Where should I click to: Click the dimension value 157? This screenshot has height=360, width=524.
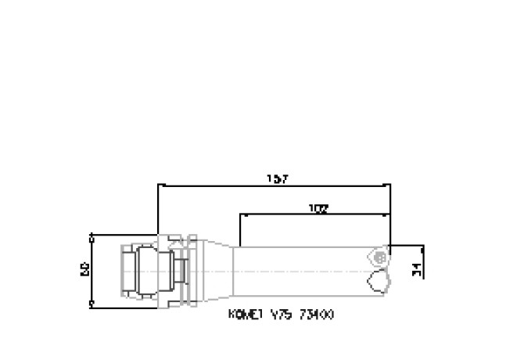(277, 179)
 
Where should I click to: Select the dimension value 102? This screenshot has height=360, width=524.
(318, 208)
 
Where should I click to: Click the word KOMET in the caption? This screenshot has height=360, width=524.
(243, 315)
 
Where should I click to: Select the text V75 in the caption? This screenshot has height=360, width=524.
(280, 315)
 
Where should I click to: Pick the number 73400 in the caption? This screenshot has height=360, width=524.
(321, 315)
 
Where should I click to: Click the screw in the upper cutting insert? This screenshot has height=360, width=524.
(379, 256)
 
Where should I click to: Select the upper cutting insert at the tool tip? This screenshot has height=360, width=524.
(377, 255)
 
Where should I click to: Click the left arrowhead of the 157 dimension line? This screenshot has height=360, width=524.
(161, 186)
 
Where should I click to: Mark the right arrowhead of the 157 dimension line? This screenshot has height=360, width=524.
(388, 186)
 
